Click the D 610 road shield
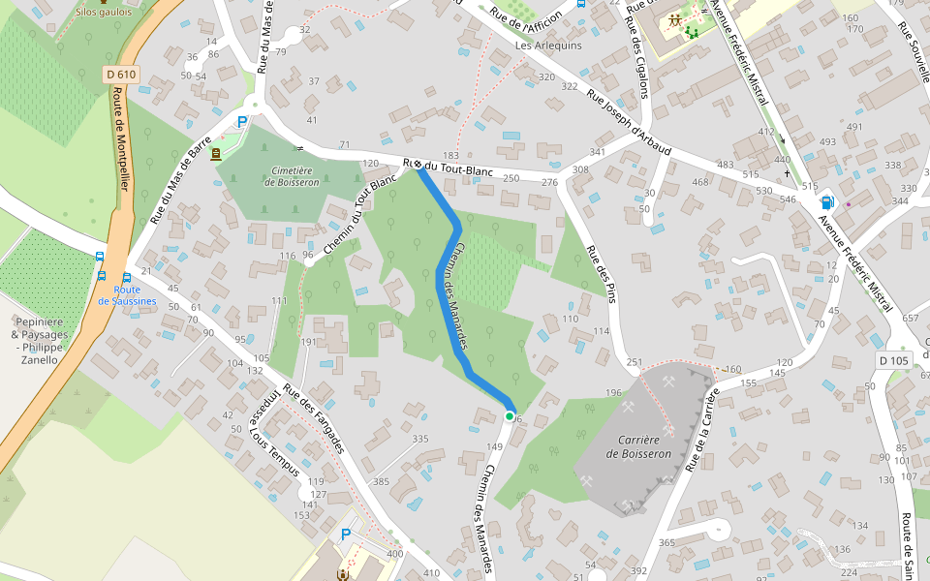(122, 74)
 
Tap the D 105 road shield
(894, 360)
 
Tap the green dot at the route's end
(510, 416)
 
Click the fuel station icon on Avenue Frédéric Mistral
(827, 202)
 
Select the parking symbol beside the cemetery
(242, 122)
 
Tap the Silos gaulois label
(104, 14)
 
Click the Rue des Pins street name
(601, 274)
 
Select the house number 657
(910, 319)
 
